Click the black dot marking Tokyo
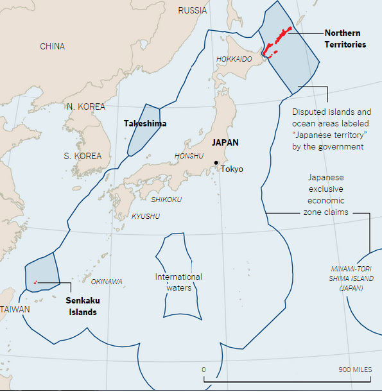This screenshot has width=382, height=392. coord(216,162)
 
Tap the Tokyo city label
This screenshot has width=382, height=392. coord(232,169)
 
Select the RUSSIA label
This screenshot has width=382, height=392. coord(192,10)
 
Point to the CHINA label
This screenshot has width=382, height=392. coord(52,46)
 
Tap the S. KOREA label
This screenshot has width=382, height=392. coord(82,156)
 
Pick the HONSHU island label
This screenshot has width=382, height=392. coord(189,156)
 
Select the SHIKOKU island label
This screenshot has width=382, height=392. coord(166,200)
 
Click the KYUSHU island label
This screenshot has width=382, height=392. coord(146,216)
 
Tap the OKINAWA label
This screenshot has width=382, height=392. coord(107,282)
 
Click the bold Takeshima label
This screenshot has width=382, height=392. coord(145,123)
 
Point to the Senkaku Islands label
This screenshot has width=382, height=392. coord(83,306)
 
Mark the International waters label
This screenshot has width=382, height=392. coord(178,282)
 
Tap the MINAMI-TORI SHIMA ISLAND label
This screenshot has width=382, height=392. coord(352,278)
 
